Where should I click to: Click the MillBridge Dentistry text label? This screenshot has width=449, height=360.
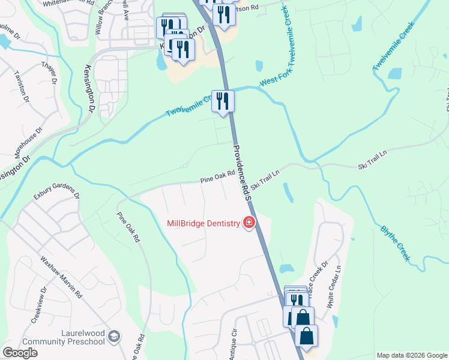coord(203,223)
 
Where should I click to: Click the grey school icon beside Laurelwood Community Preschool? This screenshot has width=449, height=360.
coord(115,337)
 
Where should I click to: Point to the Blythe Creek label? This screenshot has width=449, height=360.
coord(396,242)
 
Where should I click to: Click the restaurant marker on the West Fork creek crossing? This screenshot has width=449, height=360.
coord(223,101)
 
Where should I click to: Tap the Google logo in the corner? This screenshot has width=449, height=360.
coord(20,353)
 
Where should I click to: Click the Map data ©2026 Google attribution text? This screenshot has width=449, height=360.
coord(412,355)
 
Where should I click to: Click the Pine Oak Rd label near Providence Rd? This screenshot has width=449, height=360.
coord(217,176)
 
